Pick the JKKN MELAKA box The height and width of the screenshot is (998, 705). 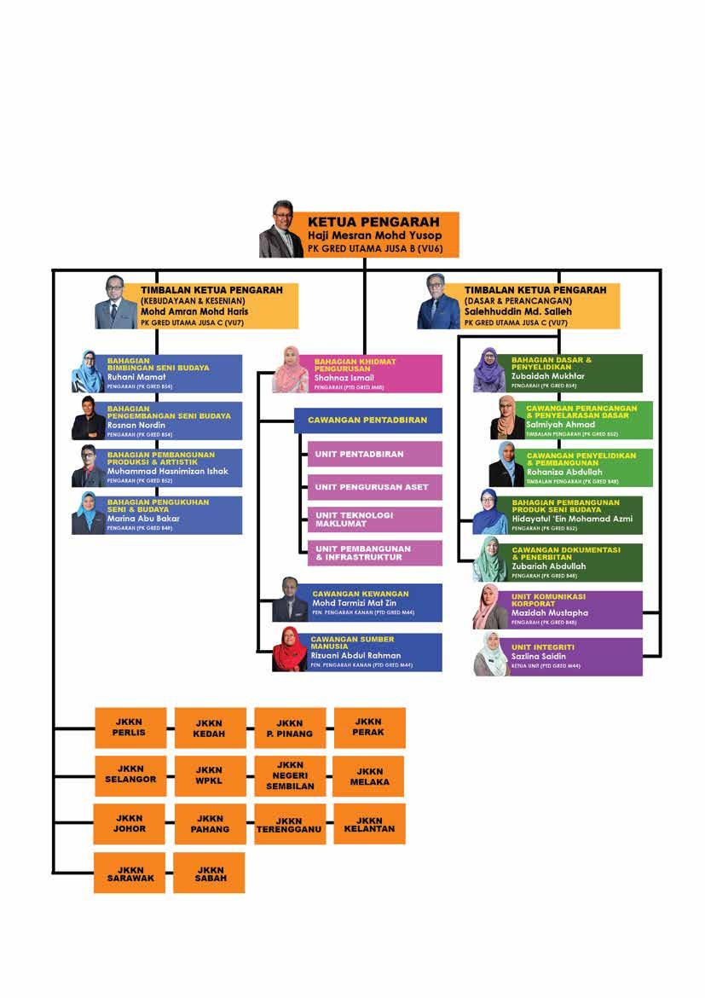tap(369, 776)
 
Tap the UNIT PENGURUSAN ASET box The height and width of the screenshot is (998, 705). tap(373, 487)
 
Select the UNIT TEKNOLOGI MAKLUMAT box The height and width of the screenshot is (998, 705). tap(373, 519)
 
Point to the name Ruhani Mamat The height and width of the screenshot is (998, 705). tap(136, 377)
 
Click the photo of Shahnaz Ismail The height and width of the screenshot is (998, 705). tap(290, 369)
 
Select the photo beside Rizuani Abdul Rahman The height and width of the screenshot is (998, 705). tap(291, 650)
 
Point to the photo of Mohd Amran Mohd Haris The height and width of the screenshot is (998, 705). tap(113, 303)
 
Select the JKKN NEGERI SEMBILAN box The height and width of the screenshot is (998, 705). tap(290, 775)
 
